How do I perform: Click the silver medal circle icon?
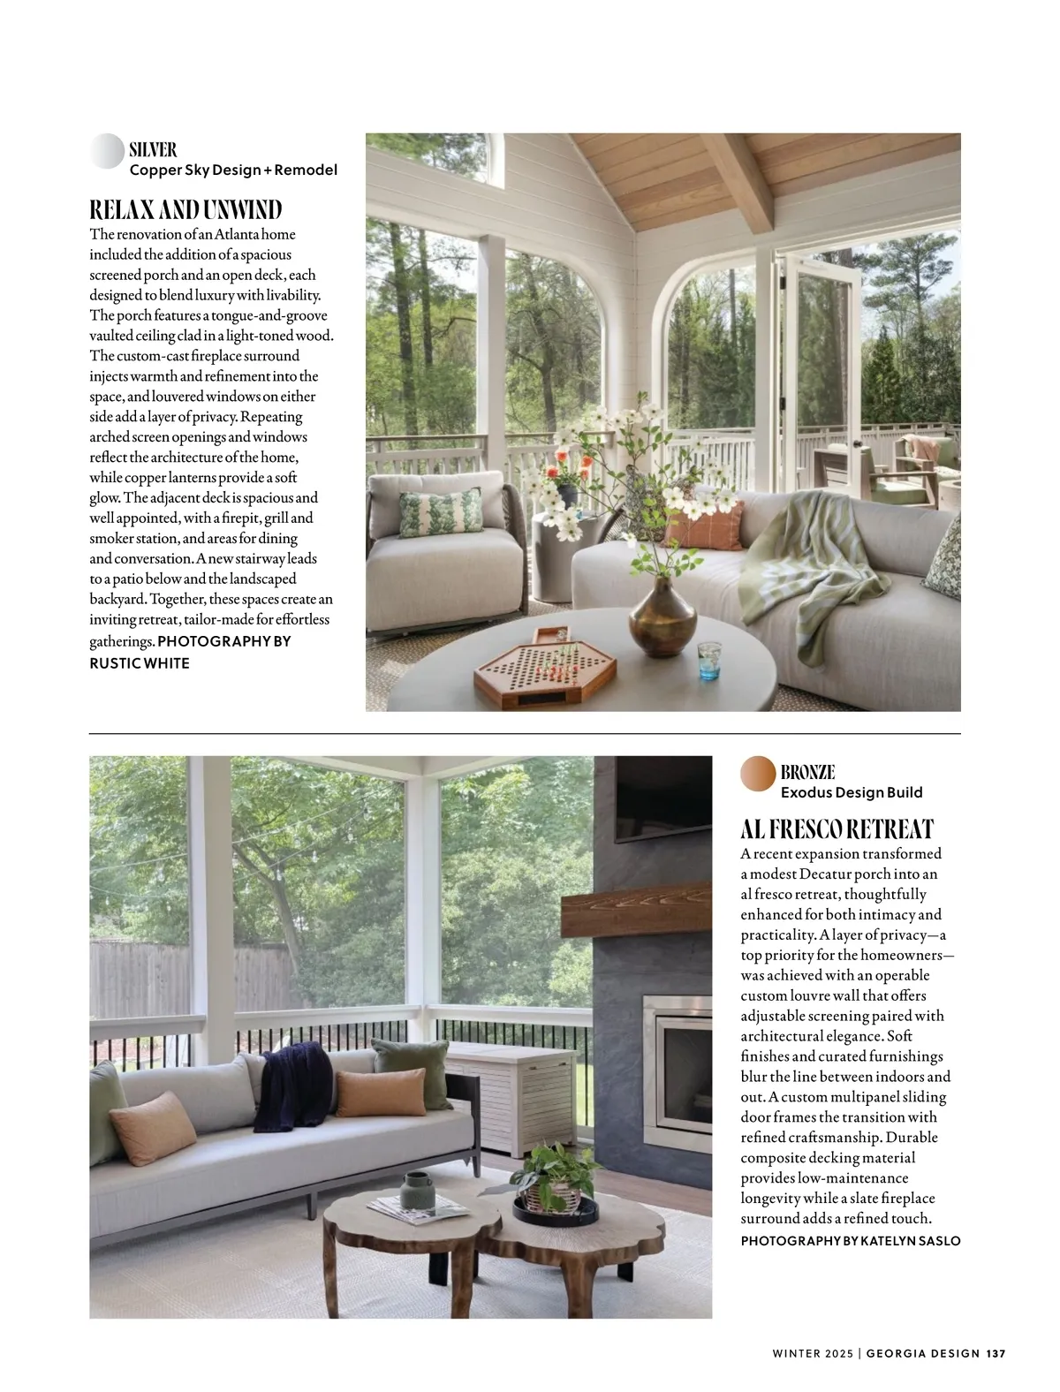click(x=107, y=151)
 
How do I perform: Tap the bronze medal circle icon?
click(x=758, y=774)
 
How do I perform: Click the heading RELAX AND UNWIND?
click(x=185, y=210)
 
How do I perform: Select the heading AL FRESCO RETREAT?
click(x=837, y=829)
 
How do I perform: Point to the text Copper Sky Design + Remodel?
click(x=233, y=170)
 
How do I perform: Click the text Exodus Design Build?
click(x=852, y=792)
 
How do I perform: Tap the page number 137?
click(x=996, y=1353)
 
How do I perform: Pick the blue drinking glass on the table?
click(x=709, y=660)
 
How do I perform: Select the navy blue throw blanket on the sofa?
click(x=291, y=1085)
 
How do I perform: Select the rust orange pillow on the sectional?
click(x=705, y=525)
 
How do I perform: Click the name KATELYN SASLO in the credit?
click(x=910, y=1241)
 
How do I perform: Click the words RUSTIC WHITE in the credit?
click(x=140, y=663)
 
